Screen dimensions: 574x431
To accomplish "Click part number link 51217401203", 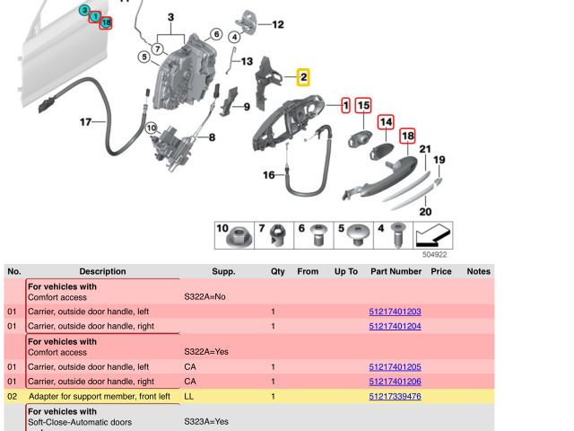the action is click(395, 312).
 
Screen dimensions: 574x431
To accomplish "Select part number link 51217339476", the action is click(395, 396).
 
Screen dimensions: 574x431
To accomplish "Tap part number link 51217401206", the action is click(395, 381).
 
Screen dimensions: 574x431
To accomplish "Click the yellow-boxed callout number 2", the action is click(303, 77).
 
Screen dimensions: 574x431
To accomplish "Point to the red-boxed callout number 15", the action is click(363, 106).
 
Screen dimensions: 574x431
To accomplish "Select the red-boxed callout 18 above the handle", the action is click(407, 136).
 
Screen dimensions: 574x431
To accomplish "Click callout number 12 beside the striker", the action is click(278, 24).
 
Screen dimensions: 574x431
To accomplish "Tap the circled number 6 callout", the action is click(216, 34).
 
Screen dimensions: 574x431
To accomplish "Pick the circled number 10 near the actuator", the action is click(152, 128).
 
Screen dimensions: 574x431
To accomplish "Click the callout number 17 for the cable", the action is click(86, 122).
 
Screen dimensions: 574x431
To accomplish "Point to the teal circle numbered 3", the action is click(84, 10).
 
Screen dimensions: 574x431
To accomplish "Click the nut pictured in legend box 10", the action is click(239, 238).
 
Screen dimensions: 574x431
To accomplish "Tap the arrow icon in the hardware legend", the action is click(432, 235).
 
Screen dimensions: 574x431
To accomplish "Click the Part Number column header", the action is click(396, 271).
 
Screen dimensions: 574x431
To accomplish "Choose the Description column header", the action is click(102, 271).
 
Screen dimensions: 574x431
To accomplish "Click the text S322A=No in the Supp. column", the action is click(204, 296).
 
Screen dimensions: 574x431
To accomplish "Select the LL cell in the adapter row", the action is click(189, 396).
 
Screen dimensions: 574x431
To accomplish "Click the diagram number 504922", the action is click(434, 254).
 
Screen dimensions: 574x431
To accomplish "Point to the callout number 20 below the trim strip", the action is click(425, 212).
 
